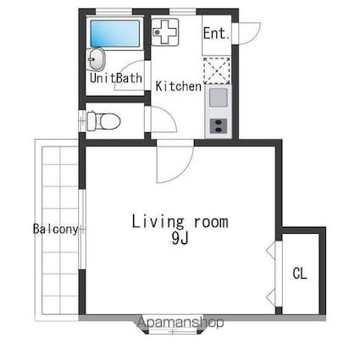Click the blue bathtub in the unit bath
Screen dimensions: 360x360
(x=114, y=35)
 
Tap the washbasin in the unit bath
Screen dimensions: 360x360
(x=97, y=60)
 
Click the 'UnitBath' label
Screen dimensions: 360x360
(x=116, y=79)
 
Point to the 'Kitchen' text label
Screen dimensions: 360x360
(x=178, y=86)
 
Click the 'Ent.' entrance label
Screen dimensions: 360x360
(x=216, y=35)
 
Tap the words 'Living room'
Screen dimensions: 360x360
(x=180, y=222)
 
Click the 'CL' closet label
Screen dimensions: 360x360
(x=300, y=274)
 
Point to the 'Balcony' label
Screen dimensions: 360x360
(x=56, y=230)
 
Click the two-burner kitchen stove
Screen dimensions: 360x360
(x=218, y=125)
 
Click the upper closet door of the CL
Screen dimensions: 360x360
(x=273, y=252)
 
